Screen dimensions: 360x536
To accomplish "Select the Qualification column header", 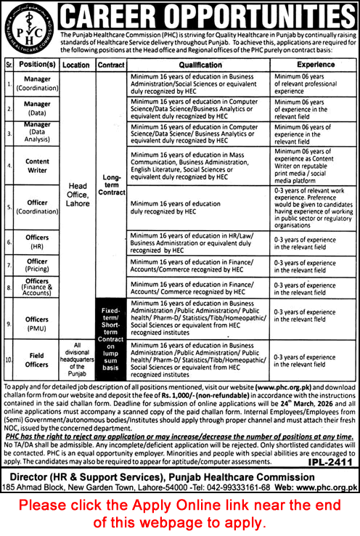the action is pos(200,64).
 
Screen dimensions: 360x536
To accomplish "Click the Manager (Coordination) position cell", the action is pos(37,85).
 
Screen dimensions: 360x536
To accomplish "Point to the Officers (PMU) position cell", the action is pos(37,318).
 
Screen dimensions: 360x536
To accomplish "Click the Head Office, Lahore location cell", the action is pos(76,195).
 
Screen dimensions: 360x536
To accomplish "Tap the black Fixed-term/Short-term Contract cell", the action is pos(112,338).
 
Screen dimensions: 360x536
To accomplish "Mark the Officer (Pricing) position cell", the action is pos(37,265).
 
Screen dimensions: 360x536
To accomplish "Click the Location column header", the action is pos(76,64).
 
